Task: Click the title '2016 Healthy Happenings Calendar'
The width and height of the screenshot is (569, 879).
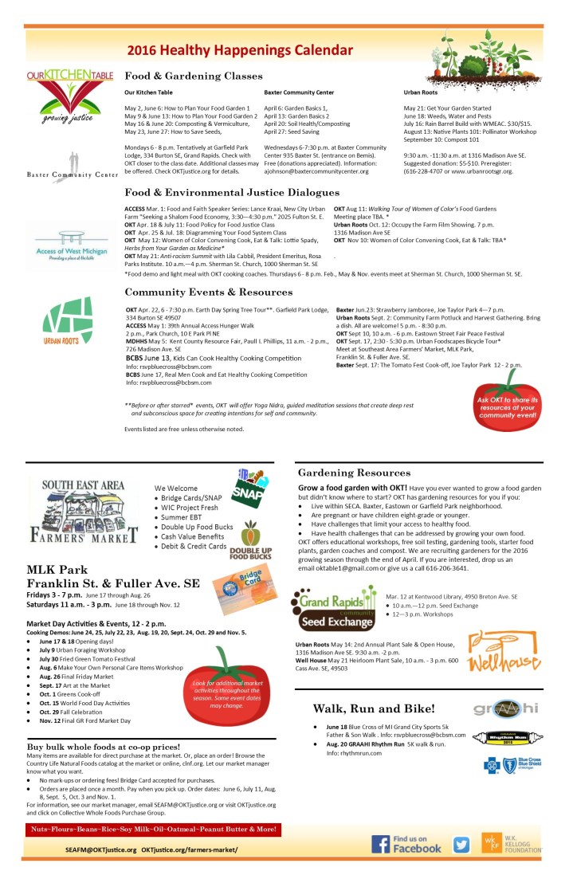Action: click(239, 49)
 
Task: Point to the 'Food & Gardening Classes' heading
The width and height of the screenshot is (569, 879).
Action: click(194, 76)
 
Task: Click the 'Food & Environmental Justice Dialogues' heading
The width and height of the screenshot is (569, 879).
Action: click(232, 192)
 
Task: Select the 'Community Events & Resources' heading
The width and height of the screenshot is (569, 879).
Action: click(209, 292)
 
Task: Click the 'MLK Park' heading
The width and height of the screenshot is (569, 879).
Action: click(51, 570)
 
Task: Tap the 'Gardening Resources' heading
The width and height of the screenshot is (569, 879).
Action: click(355, 473)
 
